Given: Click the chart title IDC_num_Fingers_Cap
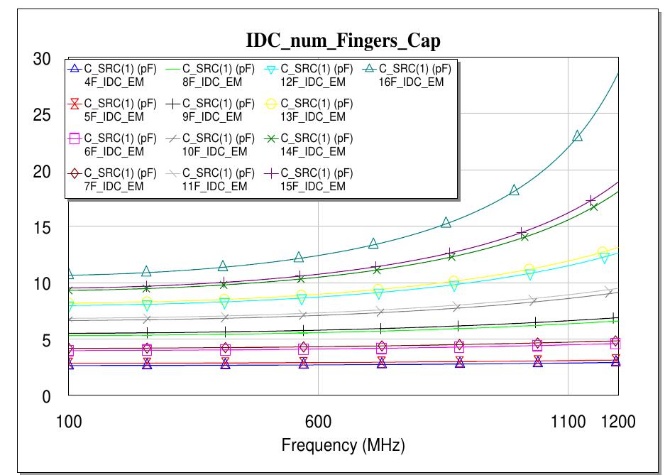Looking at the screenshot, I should click(343, 41).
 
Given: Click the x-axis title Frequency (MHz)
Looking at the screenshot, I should click(343, 446).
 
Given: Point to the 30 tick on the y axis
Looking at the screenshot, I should click(42, 59).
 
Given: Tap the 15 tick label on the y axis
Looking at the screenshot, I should click(42, 228).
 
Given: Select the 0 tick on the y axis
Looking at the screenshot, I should click(46, 397).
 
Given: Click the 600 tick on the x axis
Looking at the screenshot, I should click(318, 422).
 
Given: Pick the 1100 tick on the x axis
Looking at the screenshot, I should click(568, 422).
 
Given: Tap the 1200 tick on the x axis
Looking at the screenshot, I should click(618, 422).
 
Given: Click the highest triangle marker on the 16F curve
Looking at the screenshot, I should click(578, 136).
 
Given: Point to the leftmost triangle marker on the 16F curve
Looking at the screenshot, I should click(69, 274).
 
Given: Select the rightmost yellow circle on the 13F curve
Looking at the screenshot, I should click(603, 253).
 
